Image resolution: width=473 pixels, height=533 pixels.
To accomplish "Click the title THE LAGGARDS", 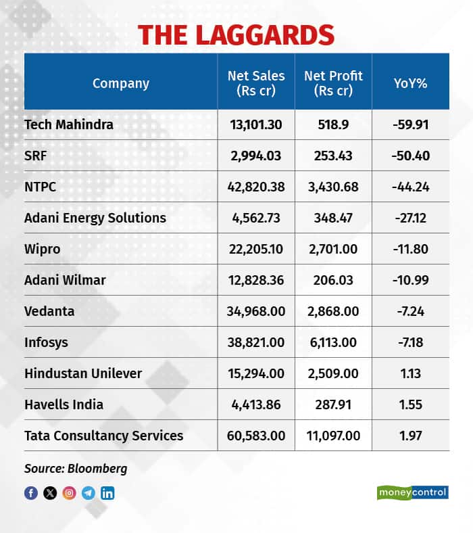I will click(x=236, y=34).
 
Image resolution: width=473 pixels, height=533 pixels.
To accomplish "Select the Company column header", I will click(x=120, y=83).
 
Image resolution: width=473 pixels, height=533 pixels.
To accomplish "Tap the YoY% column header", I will click(x=410, y=83).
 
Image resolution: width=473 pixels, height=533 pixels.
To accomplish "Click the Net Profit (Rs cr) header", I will click(x=333, y=83).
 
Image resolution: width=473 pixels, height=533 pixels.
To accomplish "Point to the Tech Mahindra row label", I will click(x=68, y=124).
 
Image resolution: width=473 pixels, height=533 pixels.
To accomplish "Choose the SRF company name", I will click(x=34, y=156).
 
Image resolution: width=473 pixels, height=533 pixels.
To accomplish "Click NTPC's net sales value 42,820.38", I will click(x=255, y=187).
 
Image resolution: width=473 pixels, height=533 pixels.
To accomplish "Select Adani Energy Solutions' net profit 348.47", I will click(x=333, y=218).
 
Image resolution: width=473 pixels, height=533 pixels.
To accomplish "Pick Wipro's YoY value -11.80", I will click(x=410, y=249).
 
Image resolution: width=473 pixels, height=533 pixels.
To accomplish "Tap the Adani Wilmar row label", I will click(x=64, y=280).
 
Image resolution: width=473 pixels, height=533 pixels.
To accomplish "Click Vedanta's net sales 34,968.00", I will click(x=255, y=311).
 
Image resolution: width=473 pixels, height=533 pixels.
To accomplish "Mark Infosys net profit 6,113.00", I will click(x=333, y=342).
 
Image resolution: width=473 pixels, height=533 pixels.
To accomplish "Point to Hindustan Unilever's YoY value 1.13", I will click(x=410, y=373).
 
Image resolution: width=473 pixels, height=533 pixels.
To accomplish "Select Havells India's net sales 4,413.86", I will click(x=255, y=404).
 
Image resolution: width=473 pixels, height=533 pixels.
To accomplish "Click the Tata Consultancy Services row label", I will click(x=103, y=435).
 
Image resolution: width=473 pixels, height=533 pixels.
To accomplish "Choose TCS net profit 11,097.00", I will click(x=333, y=435).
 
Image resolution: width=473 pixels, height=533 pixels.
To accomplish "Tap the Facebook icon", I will click(x=31, y=493).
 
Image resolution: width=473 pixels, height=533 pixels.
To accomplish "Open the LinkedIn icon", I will click(x=107, y=493).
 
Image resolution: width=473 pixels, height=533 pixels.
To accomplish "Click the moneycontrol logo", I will click(x=412, y=492).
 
